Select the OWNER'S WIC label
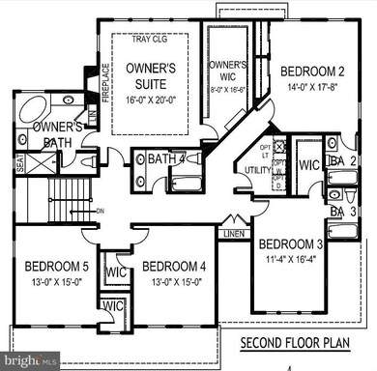228,71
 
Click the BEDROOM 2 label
312,71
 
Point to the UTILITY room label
260,170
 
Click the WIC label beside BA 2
308,164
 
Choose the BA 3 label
344,211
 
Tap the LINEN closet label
233,234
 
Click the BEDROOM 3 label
291,244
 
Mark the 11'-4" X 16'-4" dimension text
291,258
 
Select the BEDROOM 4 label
174,267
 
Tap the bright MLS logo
24,359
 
